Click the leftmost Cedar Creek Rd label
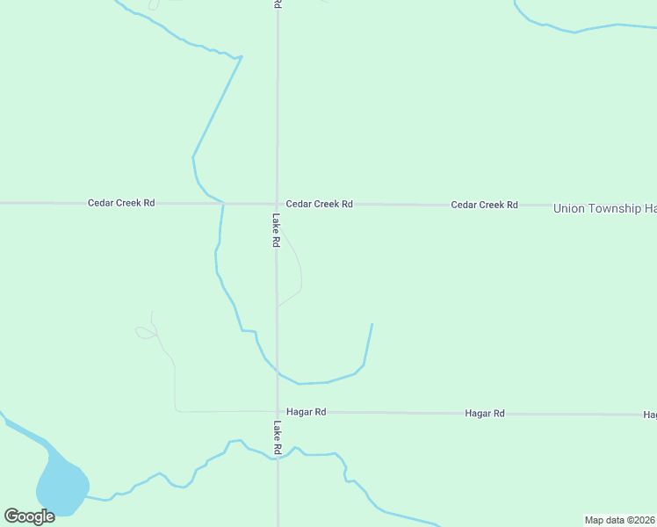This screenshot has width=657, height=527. tap(121, 203)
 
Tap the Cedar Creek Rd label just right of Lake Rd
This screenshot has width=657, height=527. tap(319, 204)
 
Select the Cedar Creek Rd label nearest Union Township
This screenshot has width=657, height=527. tap(484, 205)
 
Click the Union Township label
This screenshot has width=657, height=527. tap(604, 208)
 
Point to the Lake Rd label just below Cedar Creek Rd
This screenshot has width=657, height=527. tap(276, 230)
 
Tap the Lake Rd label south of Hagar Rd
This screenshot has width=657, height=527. tap(277, 437)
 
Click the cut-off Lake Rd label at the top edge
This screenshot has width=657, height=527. tap(278, 4)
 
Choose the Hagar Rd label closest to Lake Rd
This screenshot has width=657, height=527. tap(307, 412)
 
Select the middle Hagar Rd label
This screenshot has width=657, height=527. tap(486, 413)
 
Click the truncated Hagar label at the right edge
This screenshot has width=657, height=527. tap(650, 415)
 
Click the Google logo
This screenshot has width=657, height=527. tap(29, 516)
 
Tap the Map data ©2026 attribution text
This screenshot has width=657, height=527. tap(620, 520)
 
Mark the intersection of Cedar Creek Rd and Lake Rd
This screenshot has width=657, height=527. tap(278, 204)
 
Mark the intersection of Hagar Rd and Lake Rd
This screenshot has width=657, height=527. tap(278, 411)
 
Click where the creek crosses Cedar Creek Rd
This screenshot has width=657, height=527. tap(223, 204)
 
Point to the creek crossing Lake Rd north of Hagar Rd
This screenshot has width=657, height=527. tap(278, 372)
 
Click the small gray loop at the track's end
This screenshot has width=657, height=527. tap(144, 332)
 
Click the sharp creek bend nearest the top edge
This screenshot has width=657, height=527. tap(242, 57)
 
